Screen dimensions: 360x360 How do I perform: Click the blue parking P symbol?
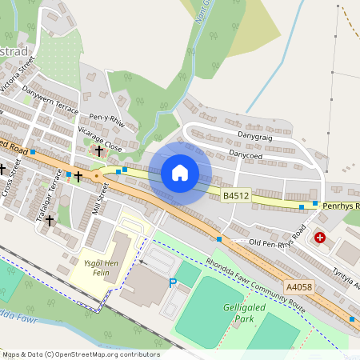click(172, 282)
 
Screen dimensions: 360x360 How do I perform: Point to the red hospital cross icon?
click(320, 238)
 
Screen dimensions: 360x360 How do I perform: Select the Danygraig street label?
click(255, 138)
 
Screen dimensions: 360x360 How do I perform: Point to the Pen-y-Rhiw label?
click(106, 119)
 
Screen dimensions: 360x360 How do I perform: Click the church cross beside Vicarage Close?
click(99, 150)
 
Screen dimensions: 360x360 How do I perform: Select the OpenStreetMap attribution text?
click(81, 354)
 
